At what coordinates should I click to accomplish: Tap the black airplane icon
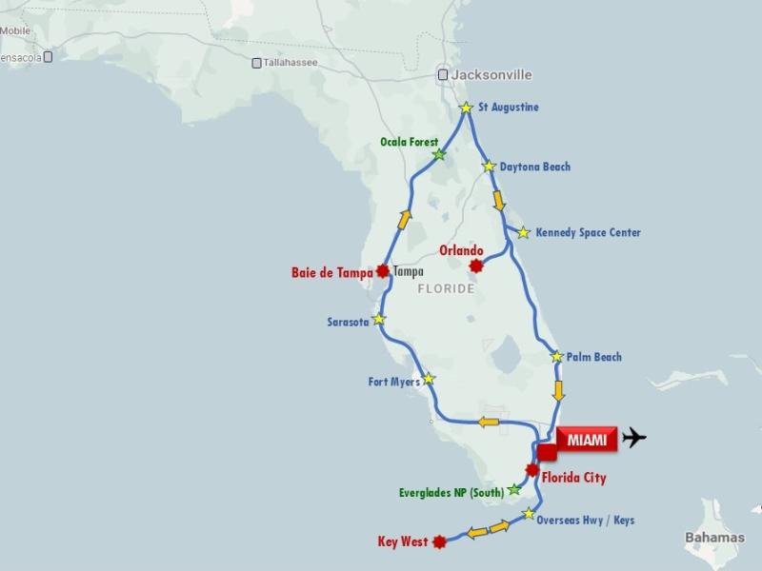pyautogui.click(x=632, y=438)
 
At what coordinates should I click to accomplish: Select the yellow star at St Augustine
pyautogui.click(x=466, y=108)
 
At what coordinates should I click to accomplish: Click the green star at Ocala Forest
pyautogui.click(x=439, y=154)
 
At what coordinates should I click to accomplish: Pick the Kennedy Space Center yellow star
pyautogui.click(x=523, y=232)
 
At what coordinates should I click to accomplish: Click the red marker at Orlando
pyautogui.click(x=477, y=266)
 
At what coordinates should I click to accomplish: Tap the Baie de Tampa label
pyautogui.click(x=332, y=272)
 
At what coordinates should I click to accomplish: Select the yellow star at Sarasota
pyautogui.click(x=380, y=319)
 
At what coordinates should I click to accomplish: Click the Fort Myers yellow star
pyautogui.click(x=429, y=379)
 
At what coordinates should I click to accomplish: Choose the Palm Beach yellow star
pyautogui.click(x=557, y=357)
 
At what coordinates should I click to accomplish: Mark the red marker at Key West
pyautogui.click(x=439, y=542)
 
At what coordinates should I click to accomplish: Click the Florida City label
pyautogui.click(x=574, y=477)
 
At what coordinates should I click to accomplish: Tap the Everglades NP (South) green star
pyautogui.click(x=514, y=489)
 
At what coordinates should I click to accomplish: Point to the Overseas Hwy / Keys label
pyautogui.click(x=585, y=521)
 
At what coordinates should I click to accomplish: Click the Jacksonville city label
pyautogui.click(x=491, y=74)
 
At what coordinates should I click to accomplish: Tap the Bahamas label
pyautogui.click(x=714, y=538)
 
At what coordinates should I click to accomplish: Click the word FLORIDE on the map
pyautogui.click(x=446, y=287)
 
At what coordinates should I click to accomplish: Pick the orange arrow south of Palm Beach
pyautogui.click(x=559, y=390)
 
